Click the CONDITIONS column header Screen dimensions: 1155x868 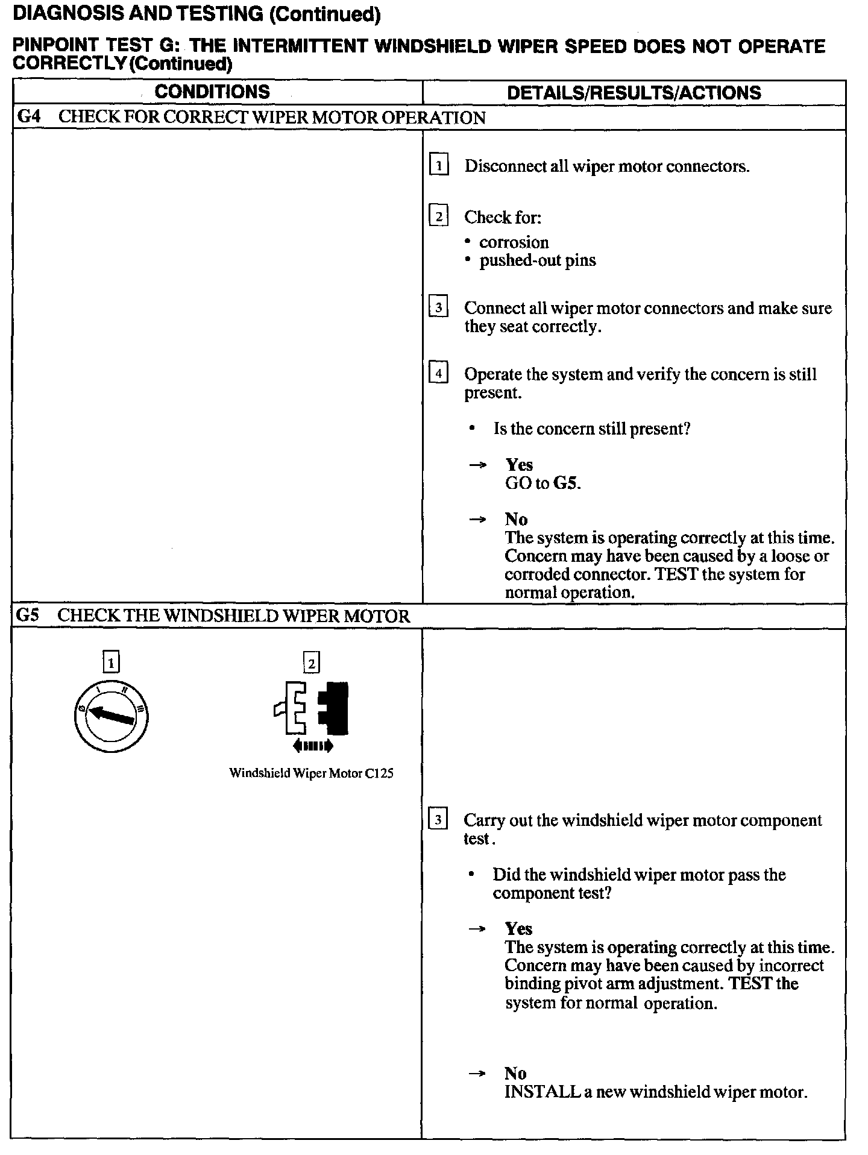tap(212, 92)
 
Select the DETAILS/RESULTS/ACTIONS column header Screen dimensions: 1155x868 tap(634, 93)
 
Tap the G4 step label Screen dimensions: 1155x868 tap(28, 116)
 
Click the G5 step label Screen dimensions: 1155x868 tap(28, 615)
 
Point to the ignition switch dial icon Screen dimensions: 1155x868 tap(111, 716)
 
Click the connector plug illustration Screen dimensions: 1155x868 tap(312, 708)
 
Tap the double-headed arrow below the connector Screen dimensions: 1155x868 tap(312, 746)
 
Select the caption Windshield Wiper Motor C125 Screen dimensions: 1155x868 tap(311, 773)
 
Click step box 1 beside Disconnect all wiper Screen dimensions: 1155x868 tap(438, 165)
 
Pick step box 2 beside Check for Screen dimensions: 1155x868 tap(438, 216)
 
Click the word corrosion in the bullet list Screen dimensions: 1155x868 tap(514, 242)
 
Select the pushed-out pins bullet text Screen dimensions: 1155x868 tap(537, 260)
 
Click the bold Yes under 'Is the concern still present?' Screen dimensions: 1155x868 tap(518, 465)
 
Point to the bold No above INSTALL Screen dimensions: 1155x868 tap(515, 1074)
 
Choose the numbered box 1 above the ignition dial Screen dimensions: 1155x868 tap(111, 663)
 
